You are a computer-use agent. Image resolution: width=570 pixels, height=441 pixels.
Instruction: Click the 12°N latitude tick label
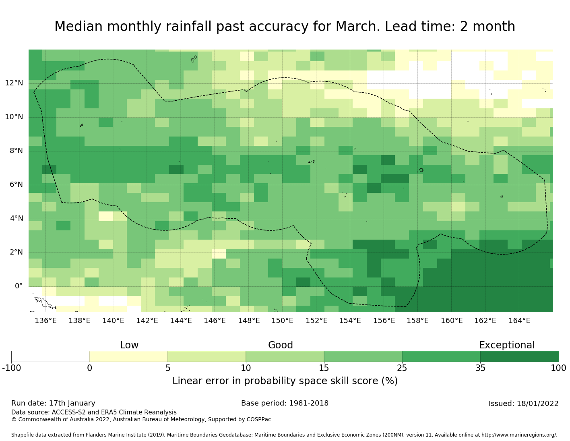[x=14, y=83]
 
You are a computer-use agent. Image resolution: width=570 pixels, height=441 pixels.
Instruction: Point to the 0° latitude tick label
[x=19, y=286]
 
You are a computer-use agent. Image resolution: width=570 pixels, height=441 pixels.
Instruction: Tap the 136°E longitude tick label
[x=45, y=321]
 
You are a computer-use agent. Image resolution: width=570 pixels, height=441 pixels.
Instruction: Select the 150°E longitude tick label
[x=282, y=321]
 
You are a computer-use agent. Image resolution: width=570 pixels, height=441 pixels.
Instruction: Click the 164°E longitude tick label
[x=519, y=321]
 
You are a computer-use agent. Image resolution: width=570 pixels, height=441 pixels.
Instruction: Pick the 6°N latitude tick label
[x=14, y=185]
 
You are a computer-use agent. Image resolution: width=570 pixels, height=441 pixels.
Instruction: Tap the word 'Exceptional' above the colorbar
[x=506, y=345]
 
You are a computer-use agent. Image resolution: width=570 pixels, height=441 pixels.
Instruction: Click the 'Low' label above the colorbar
[x=129, y=345]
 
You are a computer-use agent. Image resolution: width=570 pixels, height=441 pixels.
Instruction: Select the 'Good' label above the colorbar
[x=281, y=345]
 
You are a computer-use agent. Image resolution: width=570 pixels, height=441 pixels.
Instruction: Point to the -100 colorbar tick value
[x=11, y=368]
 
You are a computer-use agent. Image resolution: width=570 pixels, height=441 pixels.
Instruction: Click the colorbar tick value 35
[x=480, y=368]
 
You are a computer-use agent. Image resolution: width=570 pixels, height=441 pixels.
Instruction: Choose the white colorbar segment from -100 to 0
[x=50, y=356]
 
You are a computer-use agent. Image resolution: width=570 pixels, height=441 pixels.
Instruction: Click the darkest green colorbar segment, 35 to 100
[x=519, y=356]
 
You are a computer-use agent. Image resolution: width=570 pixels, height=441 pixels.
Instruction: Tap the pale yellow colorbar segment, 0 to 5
[x=128, y=356]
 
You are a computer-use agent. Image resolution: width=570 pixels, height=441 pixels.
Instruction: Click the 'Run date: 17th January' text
[x=53, y=403]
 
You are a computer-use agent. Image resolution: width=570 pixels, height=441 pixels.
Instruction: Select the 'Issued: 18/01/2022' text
[x=523, y=404]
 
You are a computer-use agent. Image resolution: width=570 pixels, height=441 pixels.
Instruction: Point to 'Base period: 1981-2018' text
[x=285, y=403]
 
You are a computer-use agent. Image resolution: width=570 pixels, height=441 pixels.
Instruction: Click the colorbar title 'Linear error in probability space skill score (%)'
[x=285, y=381]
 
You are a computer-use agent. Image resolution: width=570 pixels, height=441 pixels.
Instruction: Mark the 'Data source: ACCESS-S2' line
[x=94, y=412]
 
